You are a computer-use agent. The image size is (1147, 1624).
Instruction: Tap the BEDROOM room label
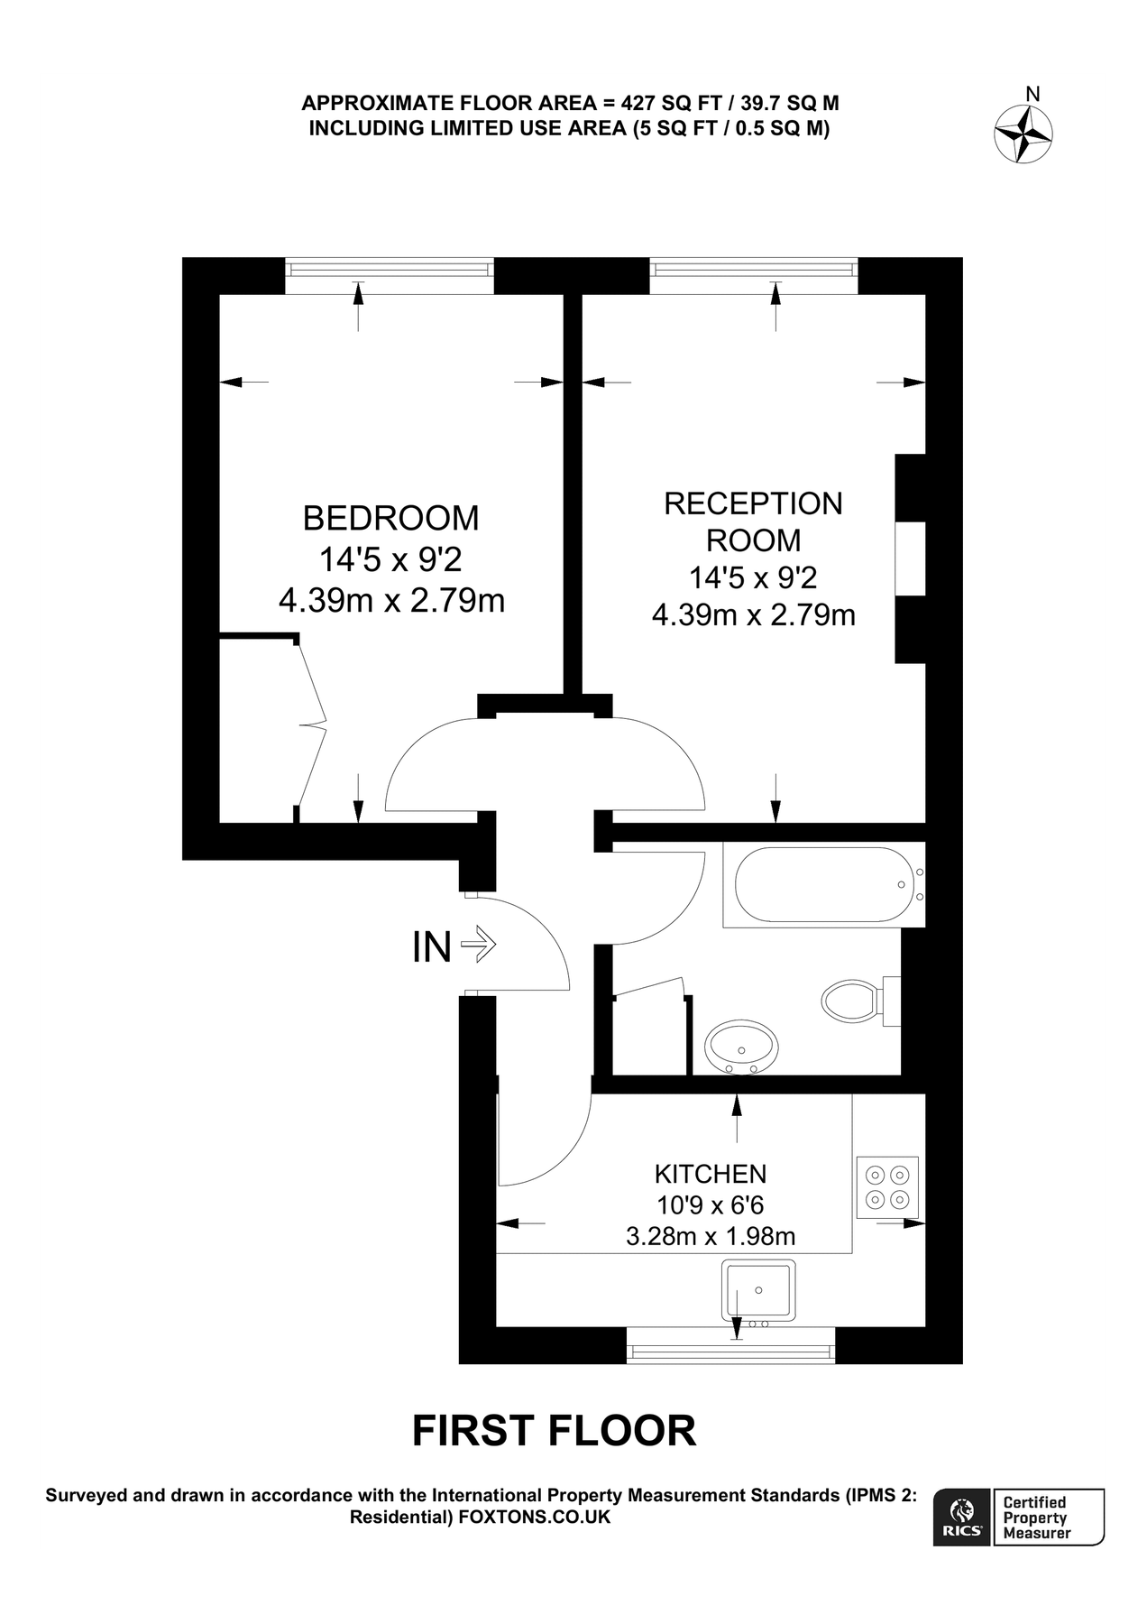click(x=390, y=519)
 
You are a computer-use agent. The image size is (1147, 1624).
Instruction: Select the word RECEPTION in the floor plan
click(x=753, y=503)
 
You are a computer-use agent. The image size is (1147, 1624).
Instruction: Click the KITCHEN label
click(x=711, y=1174)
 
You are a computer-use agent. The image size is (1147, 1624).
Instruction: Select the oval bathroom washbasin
click(x=742, y=1047)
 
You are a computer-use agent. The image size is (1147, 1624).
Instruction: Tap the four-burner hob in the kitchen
click(x=886, y=1187)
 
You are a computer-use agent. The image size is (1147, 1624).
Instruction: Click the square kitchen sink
click(x=758, y=1290)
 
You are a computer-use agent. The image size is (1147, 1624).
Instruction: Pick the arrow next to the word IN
click(x=479, y=945)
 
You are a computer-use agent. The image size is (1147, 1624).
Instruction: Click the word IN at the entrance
click(x=431, y=947)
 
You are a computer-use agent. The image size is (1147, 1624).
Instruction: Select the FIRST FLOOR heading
click(x=554, y=1431)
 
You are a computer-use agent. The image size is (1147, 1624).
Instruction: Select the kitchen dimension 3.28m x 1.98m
click(x=711, y=1236)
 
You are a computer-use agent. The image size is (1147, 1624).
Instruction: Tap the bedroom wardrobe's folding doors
click(x=312, y=724)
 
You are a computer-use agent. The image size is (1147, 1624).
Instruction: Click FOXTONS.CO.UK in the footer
click(x=535, y=1517)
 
